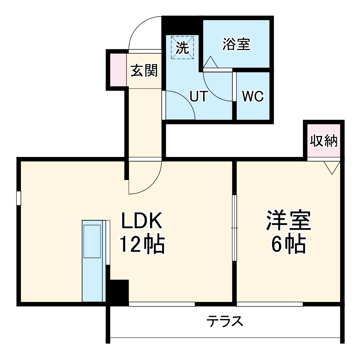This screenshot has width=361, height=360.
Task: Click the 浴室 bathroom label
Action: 236,44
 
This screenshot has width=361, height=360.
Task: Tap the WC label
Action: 253,96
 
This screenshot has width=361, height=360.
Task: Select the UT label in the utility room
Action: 199,96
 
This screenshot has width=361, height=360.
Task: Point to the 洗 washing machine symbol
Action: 183,48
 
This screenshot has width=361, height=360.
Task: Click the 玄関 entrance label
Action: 144,71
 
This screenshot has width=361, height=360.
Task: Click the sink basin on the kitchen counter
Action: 92,241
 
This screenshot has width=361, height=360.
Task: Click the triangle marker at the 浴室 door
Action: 210,63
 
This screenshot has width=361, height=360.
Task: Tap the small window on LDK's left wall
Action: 18,198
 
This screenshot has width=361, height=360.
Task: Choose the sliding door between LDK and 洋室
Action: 235,228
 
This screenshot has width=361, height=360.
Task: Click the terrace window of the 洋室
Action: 270,304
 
